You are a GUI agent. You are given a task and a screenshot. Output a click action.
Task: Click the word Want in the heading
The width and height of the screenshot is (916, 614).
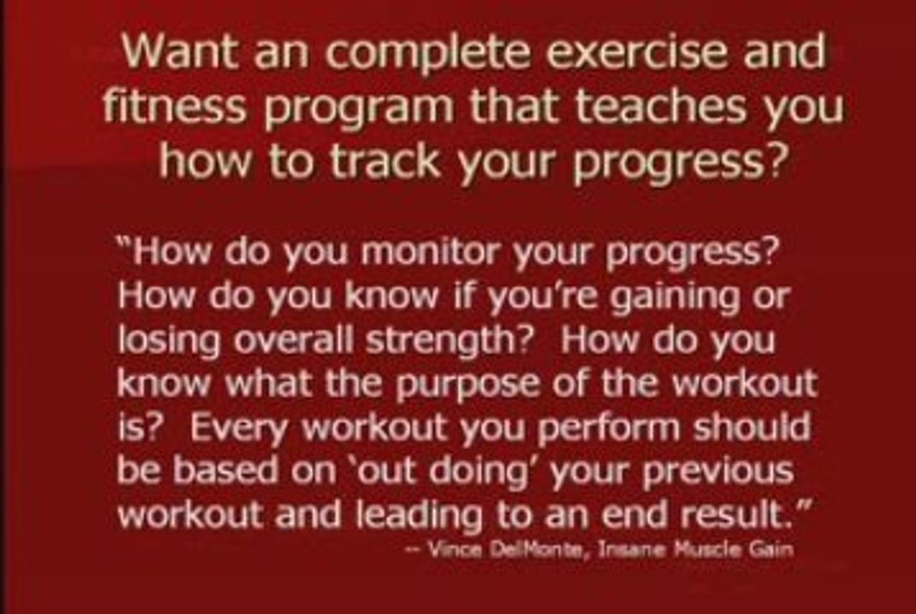click(x=179, y=51)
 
